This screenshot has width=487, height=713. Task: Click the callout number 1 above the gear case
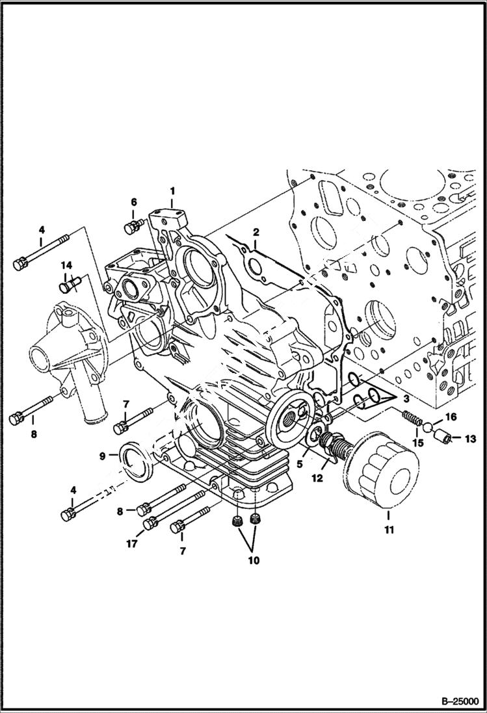point(172,190)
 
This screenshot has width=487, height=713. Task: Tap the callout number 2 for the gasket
point(256,232)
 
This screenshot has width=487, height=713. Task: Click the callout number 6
point(133,201)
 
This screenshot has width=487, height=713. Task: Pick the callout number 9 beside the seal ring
point(103,456)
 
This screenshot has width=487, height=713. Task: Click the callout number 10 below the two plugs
point(253,560)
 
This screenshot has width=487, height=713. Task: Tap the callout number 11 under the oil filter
point(389,530)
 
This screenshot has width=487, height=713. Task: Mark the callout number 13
point(469,439)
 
